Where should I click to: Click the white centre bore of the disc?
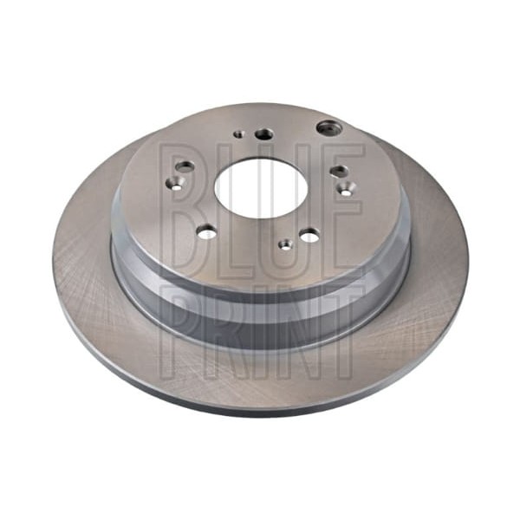pyautogui.click(x=260, y=189)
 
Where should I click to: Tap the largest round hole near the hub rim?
pyautogui.click(x=328, y=127)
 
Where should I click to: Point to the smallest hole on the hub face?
pyautogui.click(x=239, y=134)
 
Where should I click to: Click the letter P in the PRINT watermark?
pyautogui.click(x=181, y=332)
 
